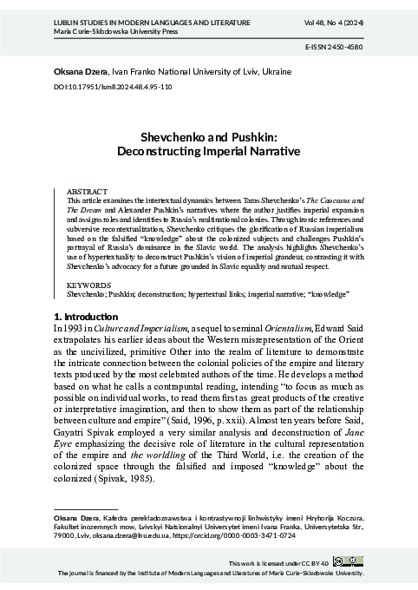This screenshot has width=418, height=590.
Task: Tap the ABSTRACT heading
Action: tap(85, 190)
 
